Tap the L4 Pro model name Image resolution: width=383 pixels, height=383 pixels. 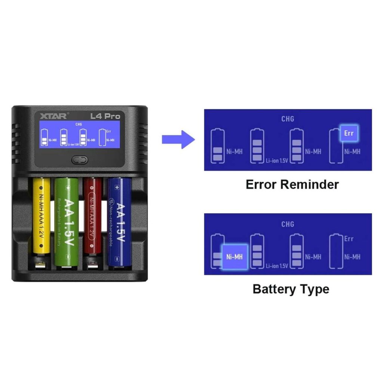(105, 116)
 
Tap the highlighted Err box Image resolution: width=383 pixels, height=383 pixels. (349, 134)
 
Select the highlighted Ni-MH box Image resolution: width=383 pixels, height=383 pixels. (235, 257)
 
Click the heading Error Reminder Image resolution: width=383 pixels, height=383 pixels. (292, 184)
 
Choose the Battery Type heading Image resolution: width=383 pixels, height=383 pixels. (291, 289)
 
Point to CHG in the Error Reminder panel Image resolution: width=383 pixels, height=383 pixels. (288, 119)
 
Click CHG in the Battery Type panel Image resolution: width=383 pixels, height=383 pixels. (288, 224)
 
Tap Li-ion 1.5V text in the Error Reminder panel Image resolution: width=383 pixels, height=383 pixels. (277, 161)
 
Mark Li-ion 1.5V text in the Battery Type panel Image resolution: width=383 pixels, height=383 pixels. (277, 266)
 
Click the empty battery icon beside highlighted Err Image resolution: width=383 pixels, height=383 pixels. (335, 147)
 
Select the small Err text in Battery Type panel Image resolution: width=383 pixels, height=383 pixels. (349, 239)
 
